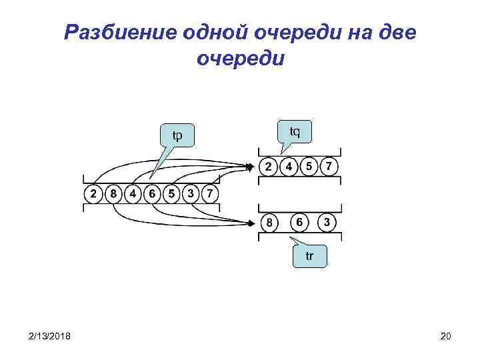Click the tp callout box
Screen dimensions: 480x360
click(177, 135)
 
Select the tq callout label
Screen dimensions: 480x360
click(294, 131)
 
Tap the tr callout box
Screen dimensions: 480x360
click(309, 256)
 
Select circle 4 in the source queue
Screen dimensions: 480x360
click(133, 194)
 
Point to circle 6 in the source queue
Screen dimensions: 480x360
click(153, 194)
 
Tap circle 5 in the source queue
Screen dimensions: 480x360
click(172, 194)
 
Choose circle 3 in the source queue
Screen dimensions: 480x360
click(191, 194)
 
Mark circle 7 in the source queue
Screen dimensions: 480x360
click(210, 194)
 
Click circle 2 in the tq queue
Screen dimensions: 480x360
click(269, 166)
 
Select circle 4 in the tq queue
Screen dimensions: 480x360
click(289, 166)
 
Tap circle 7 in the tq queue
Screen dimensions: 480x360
click(329, 166)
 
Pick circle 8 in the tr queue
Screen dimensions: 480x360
click(269, 222)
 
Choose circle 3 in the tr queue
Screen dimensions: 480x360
click(327, 221)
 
